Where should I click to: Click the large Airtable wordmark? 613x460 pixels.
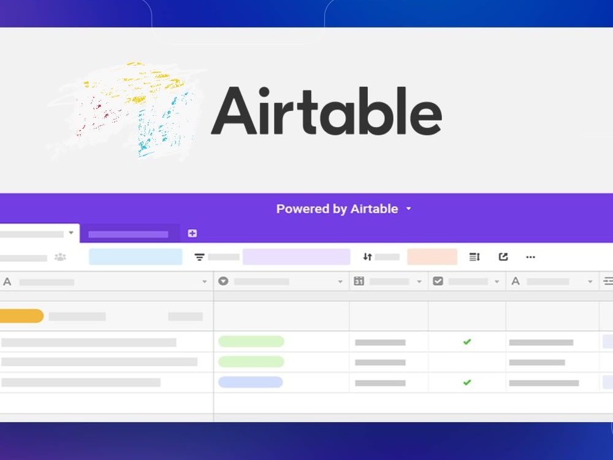click(326, 111)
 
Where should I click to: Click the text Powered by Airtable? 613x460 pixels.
click(337, 209)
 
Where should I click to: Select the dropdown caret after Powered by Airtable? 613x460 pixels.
click(409, 209)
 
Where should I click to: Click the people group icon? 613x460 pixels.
click(60, 257)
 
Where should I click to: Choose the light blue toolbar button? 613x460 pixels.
click(135, 257)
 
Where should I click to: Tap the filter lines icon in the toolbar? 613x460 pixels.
click(200, 257)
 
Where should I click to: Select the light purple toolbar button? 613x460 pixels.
click(296, 257)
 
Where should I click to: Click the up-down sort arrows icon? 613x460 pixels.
click(368, 257)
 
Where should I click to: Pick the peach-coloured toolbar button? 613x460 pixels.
click(432, 257)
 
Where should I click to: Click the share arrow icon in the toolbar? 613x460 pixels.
click(503, 257)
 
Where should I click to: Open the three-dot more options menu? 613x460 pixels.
click(531, 257)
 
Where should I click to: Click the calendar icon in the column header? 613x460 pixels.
click(359, 281)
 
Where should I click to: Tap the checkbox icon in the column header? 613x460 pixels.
click(438, 281)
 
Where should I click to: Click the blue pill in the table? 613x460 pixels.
click(250, 382)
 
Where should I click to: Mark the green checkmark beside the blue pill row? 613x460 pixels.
click(467, 382)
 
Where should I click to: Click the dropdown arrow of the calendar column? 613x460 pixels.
click(419, 282)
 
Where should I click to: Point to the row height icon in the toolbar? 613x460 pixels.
click(474, 257)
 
